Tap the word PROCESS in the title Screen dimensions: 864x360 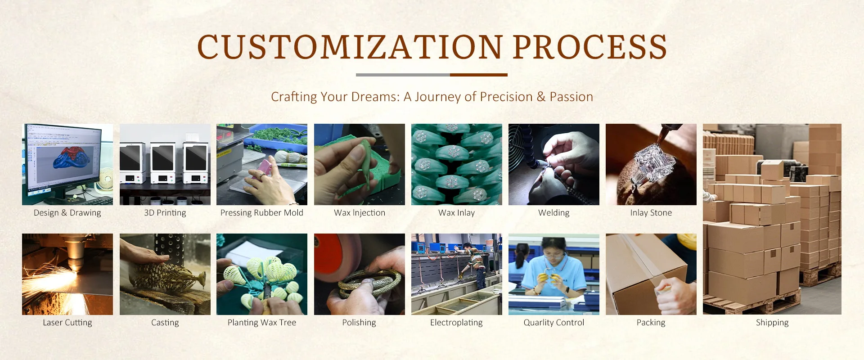point(590,47)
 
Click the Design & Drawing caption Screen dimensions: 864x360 point(67,213)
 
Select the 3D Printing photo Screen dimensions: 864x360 point(165,164)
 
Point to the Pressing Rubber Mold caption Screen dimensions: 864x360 point(262,213)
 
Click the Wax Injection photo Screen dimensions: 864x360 point(360,164)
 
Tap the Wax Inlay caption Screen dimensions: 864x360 point(457,213)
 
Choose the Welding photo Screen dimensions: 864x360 point(554,164)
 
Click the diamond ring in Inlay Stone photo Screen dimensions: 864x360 point(652,162)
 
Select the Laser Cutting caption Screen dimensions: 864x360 point(67,323)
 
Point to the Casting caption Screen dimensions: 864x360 point(165,323)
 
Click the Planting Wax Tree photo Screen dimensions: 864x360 point(262,274)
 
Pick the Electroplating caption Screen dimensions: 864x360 point(457,323)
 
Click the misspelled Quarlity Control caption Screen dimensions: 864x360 point(554,323)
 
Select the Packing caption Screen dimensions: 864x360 point(651,323)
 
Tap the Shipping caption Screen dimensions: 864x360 point(772,323)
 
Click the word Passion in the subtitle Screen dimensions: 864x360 point(571,97)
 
